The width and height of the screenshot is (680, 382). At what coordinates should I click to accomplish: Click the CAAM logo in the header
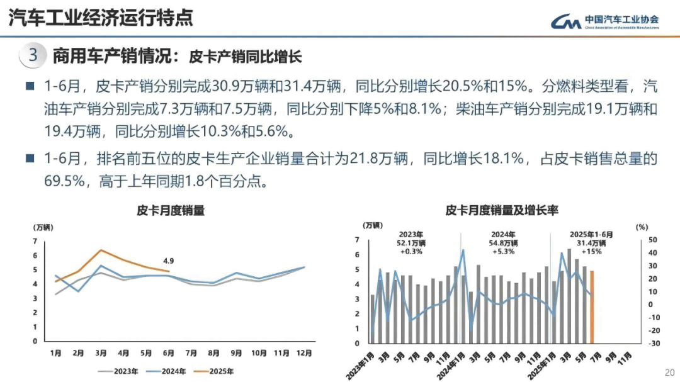605,23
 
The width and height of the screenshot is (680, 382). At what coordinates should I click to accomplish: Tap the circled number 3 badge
33,55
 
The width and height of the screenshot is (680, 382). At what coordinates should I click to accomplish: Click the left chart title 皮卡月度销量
171,211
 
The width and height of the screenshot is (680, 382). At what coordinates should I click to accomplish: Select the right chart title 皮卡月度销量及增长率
502,210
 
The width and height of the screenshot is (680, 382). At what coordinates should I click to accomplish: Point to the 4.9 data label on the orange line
168,260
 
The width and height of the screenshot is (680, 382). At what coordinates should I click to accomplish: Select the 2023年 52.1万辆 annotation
411,242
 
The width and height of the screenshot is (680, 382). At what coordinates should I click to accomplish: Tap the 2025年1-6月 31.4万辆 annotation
590,242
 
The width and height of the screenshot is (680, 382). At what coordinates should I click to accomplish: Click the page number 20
669,371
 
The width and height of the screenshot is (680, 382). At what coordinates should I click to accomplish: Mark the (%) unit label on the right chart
641,226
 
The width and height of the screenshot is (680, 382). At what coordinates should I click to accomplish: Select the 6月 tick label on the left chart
168,353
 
